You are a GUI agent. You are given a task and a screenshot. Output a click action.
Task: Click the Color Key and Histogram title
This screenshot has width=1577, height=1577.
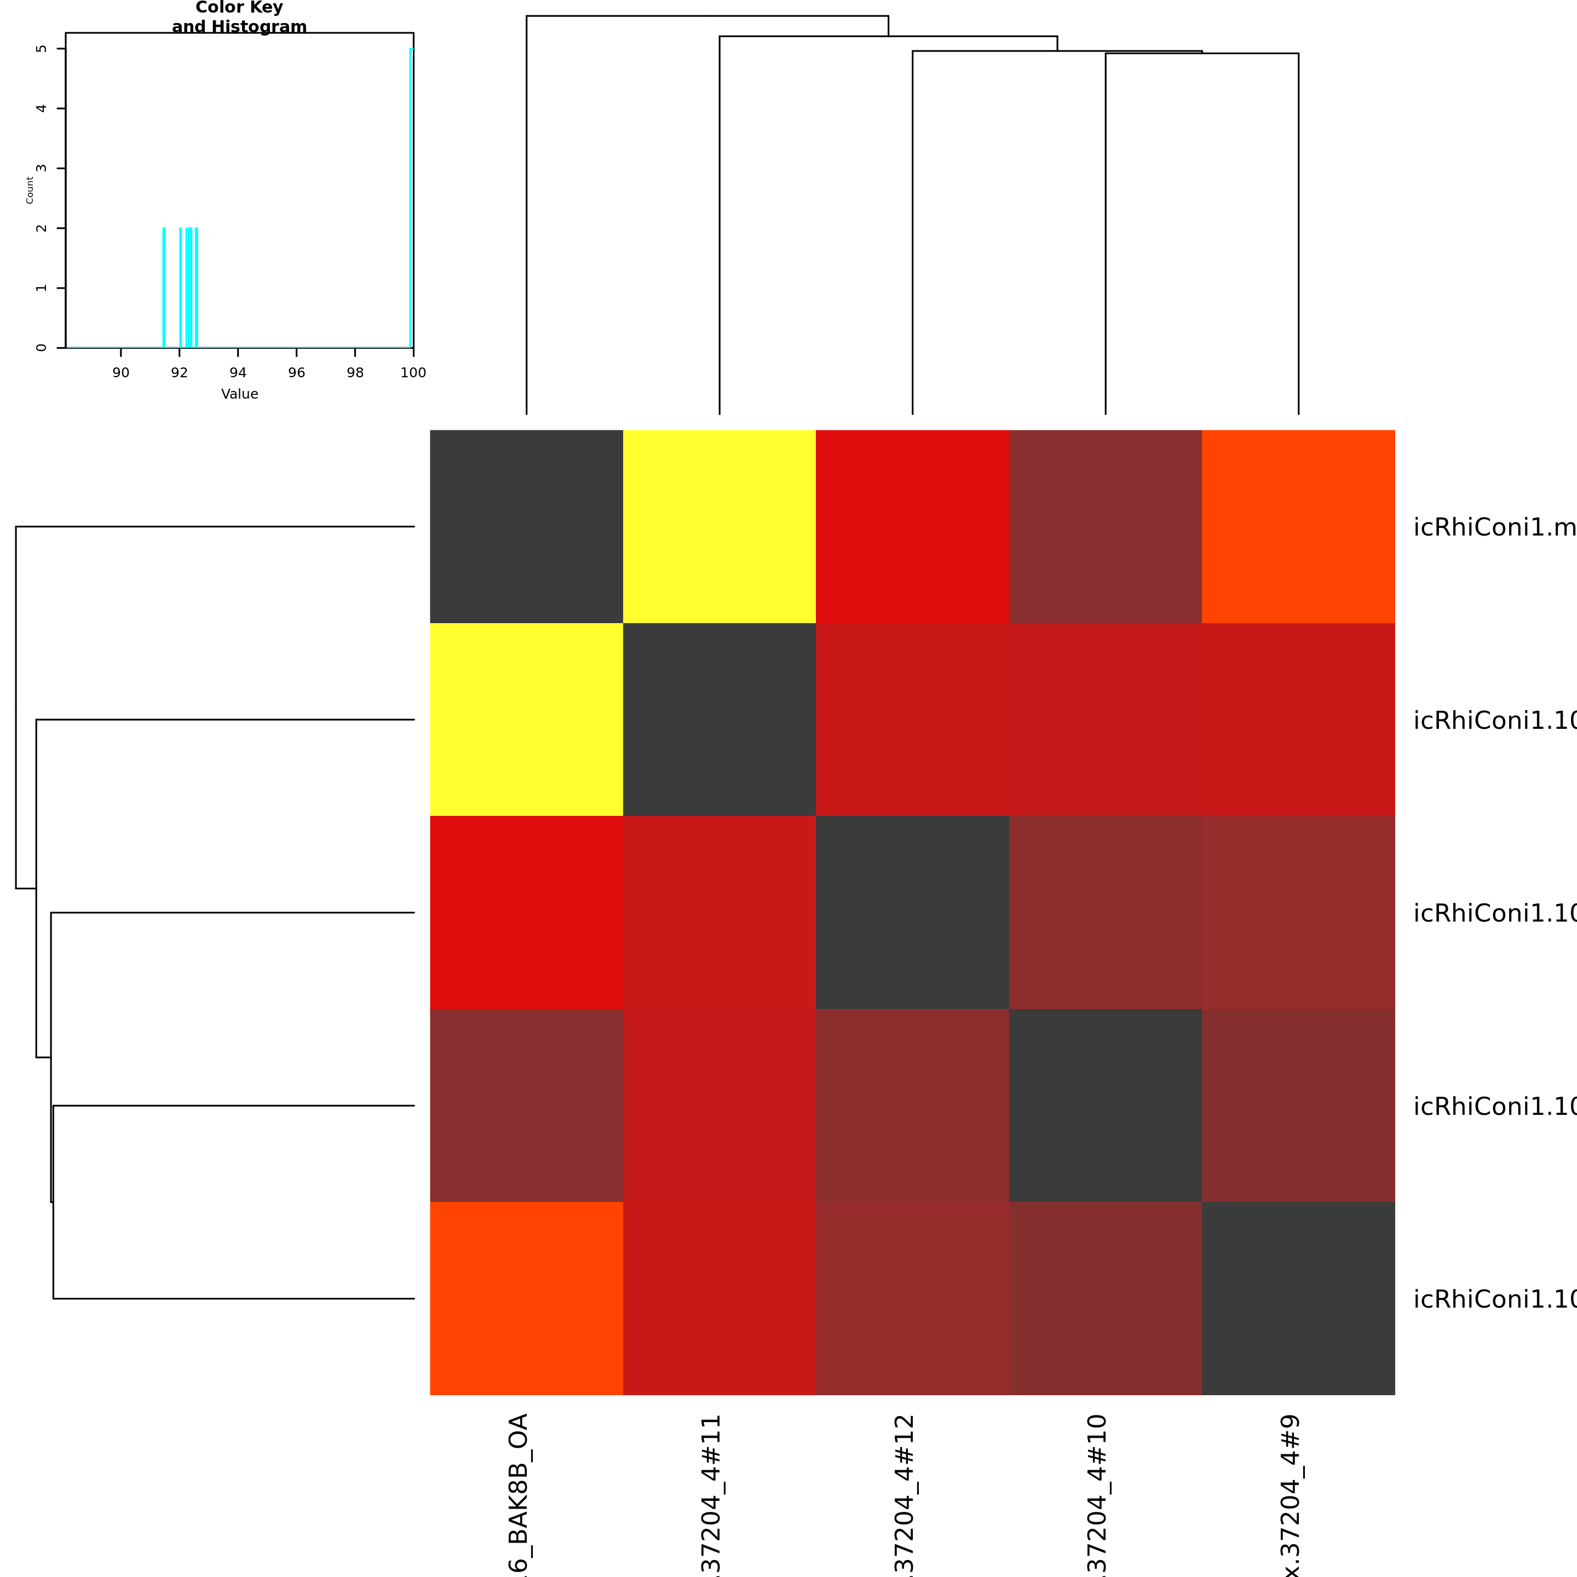coord(239,17)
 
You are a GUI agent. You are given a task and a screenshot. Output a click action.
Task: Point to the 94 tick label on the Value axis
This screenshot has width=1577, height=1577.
coord(238,373)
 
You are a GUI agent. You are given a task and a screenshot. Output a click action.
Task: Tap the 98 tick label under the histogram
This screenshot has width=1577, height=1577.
coord(355,373)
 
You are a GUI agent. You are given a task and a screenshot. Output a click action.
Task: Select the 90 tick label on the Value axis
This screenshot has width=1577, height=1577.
coord(121,373)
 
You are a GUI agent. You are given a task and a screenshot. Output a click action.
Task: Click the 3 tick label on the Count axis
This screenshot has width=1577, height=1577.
coord(42,168)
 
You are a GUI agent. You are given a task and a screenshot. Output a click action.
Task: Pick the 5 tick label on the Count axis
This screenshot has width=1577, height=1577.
coord(42,49)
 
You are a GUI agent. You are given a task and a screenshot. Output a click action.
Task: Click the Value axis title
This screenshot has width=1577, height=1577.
coord(239,394)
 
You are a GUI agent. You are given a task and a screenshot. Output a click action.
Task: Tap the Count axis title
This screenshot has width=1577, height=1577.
coord(30,190)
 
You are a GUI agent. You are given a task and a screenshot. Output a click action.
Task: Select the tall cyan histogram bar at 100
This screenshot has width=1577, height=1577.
coord(411,196)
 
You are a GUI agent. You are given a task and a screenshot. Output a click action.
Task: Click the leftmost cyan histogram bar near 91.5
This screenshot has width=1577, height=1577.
coord(164,287)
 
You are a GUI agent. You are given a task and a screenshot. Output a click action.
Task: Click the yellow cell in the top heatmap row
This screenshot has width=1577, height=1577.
coord(719,526)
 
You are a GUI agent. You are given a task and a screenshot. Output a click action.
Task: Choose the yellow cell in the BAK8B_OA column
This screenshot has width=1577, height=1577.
coord(526,719)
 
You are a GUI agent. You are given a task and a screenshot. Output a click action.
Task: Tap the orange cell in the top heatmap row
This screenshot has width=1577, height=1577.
coord(1298,526)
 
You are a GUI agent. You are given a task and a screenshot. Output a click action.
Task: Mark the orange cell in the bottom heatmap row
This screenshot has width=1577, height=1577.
coord(526,1298)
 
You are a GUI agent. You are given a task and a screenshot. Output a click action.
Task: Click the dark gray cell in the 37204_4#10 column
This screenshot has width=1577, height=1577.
coord(1104,1105)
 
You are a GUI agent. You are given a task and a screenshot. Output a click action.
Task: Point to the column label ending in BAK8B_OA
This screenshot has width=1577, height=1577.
coord(519,1494)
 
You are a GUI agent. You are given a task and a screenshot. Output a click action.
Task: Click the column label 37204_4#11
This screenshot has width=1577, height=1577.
coord(711,1494)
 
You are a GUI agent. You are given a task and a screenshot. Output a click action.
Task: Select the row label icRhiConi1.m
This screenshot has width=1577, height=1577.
coord(1494,527)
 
